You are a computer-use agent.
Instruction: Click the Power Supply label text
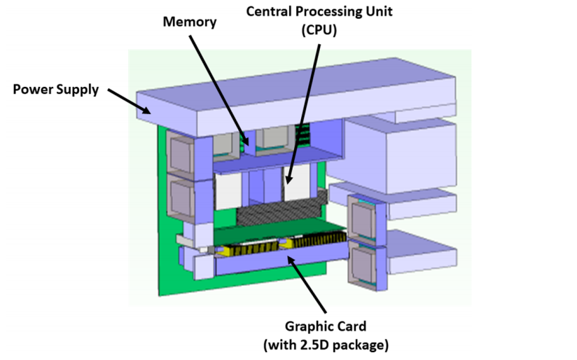pyautogui.click(x=55, y=90)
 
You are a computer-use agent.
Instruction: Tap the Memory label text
pyautogui.click(x=190, y=22)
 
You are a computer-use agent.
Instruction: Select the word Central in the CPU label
pyautogui.click(x=270, y=11)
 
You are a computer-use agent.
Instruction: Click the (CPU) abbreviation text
pyautogui.click(x=319, y=30)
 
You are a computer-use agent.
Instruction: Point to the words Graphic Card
pyautogui.click(x=326, y=326)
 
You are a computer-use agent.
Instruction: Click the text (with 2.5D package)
pyautogui.click(x=326, y=345)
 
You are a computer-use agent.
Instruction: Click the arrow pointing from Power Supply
pyautogui.click(x=130, y=101)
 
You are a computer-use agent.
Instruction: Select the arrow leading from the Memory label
pyautogui.click(x=219, y=90)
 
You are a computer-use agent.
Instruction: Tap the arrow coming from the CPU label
pyautogui.click(x=303, y=114)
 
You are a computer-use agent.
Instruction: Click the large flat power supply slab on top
pyautogui.click(x=296, y=97)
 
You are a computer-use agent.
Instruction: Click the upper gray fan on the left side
pyautogui.click(x=181, y=154)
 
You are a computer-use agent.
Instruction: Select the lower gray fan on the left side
pyautogui.click(x=181, y=199)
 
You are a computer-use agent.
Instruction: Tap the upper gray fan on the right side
pyautogui.click(x=362, y=219)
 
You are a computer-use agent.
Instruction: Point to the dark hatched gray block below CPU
pyautogui.click(x=281, y=211)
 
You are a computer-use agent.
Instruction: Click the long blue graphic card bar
pyautogui.click(x=281, y=260)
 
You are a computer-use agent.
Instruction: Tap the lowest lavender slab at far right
pyautogui.click(x=422, y=253)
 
